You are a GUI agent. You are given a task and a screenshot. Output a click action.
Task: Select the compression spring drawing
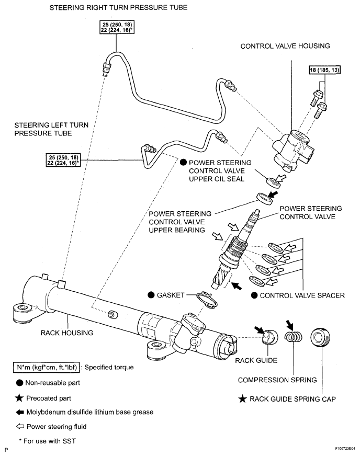pos(294,338)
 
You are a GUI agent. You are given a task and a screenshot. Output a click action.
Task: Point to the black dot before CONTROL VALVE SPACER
pos(254,295)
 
